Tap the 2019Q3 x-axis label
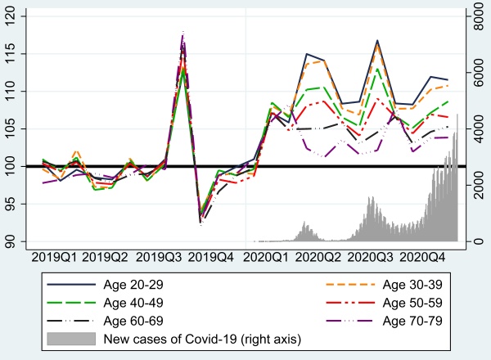click(160, 256)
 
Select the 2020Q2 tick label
click(318, 256)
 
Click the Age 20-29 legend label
click(133, 285)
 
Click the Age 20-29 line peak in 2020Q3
click(378, 40)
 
